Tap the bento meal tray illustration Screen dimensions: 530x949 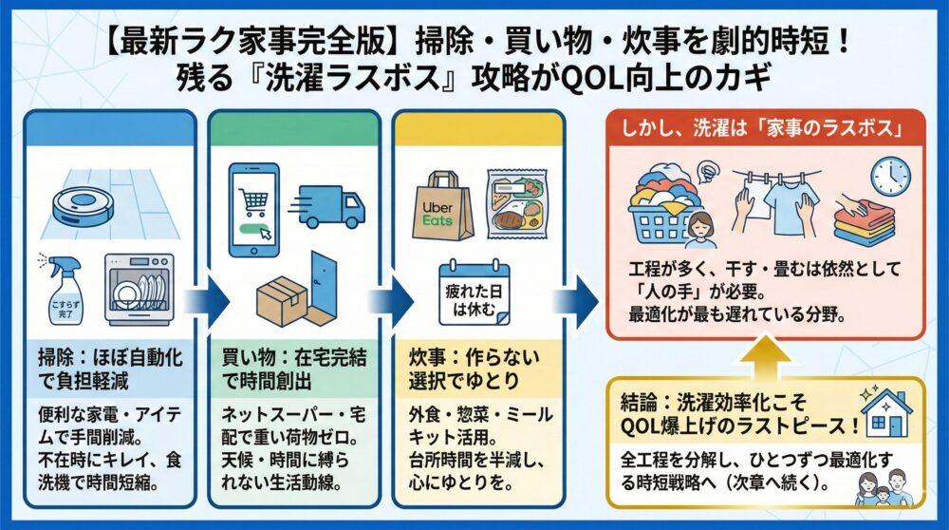tap(517, 204)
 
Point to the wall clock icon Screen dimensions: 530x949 tap(890, 177)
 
